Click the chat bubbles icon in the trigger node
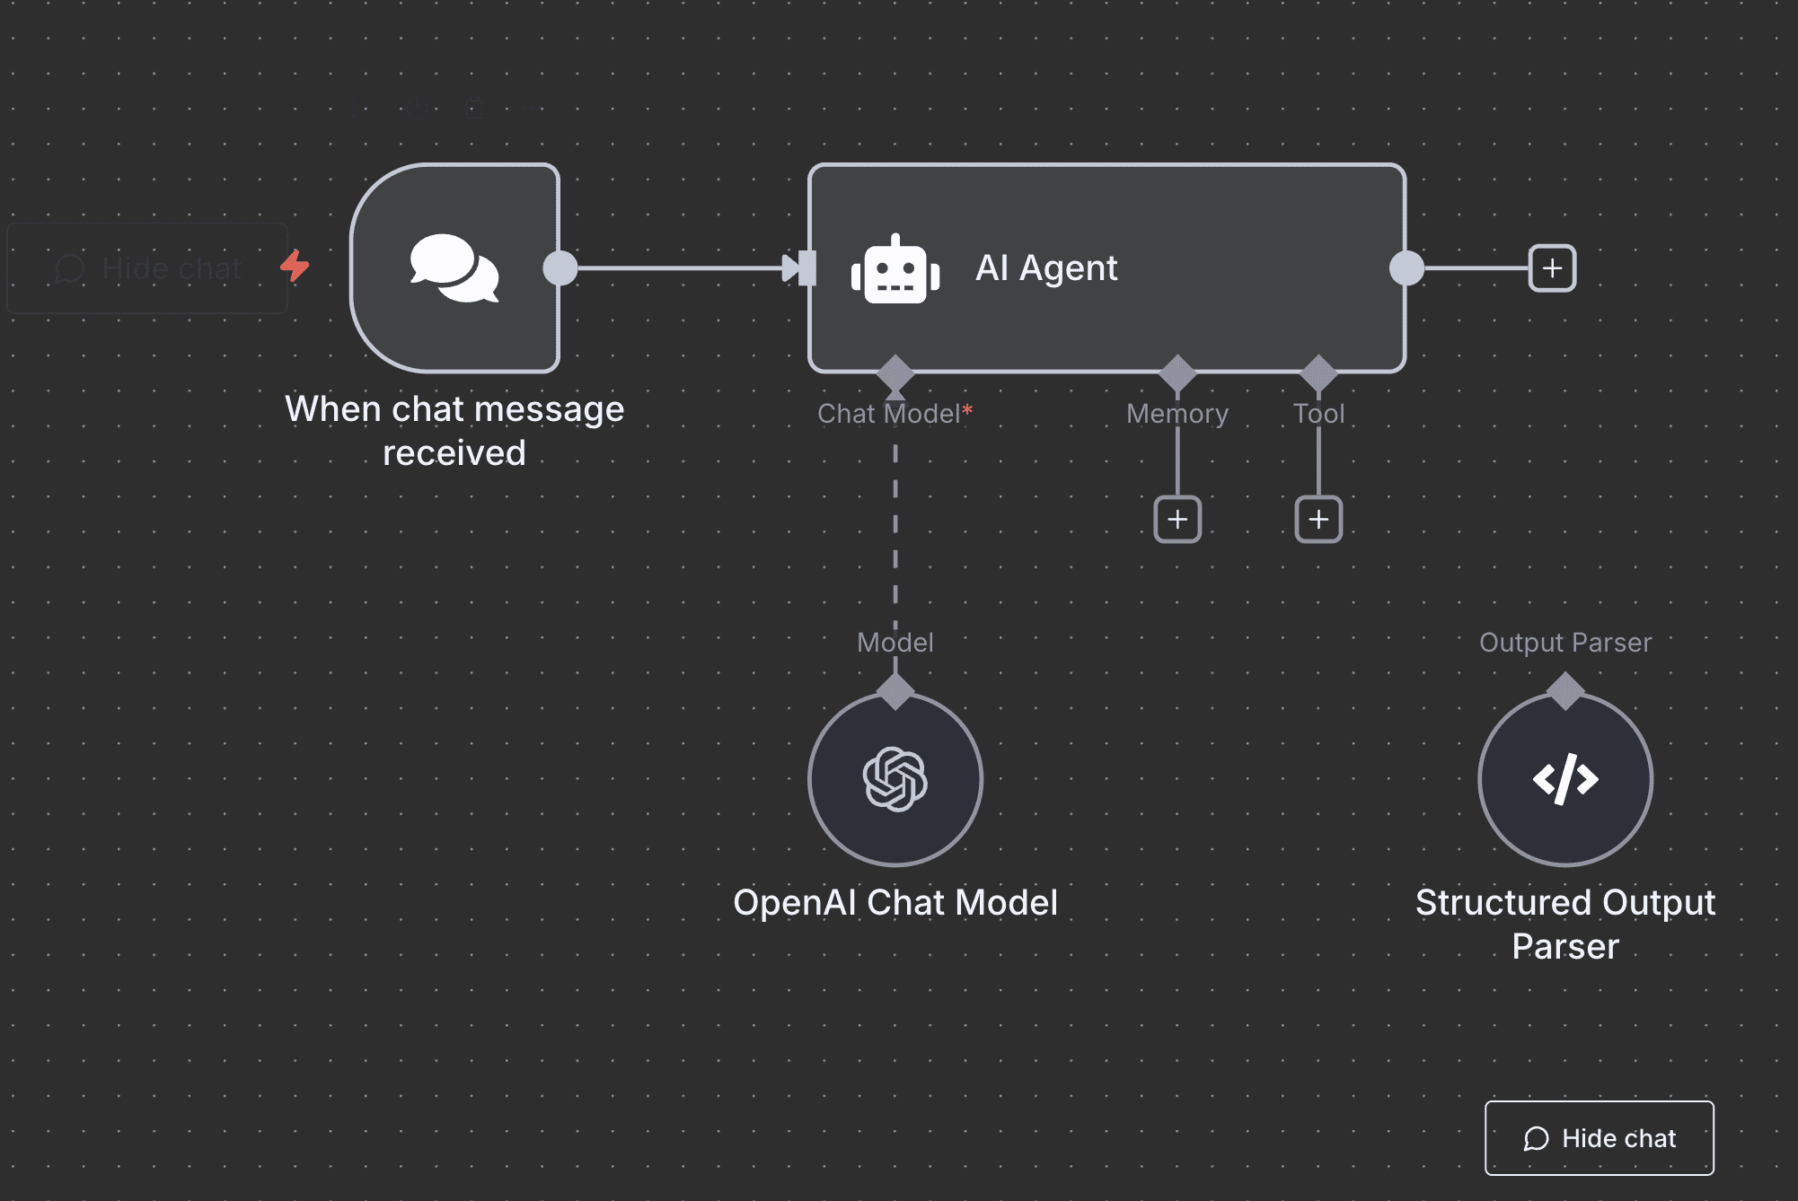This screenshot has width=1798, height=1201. [454, 268]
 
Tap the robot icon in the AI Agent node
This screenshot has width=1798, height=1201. [895, 269]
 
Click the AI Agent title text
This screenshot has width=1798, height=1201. [1046, 267]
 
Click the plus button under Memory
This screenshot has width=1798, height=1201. [1177, 520]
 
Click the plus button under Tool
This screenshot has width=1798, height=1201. [1318, 520]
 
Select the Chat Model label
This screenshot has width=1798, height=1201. [889, 414]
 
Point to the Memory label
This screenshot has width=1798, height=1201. [1177, 414]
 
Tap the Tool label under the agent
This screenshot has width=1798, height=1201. [1318, 414]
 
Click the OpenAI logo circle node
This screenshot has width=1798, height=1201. [895, 779]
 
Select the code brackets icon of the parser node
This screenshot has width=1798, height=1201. [1565, 779]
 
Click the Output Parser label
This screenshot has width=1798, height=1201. [1565, 643]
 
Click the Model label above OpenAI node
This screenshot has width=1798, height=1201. [895, 643]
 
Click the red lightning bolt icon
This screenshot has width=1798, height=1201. [295, 266]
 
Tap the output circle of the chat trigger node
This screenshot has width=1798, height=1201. [560, 268]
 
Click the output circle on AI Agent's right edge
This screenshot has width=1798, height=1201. [1406, 268]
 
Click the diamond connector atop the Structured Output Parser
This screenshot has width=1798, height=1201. [1565, 691]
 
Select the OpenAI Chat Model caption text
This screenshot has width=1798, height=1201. [895, 903]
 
